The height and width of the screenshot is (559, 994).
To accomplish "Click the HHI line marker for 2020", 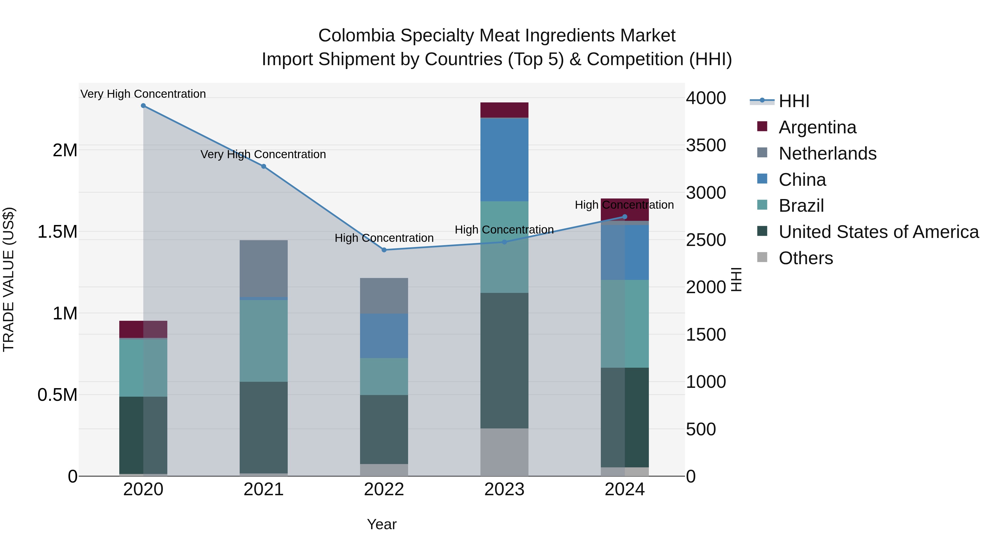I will (143, 106).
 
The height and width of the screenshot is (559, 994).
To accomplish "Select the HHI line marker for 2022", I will (384, 250).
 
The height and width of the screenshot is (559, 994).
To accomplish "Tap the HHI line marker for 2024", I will (625, 217).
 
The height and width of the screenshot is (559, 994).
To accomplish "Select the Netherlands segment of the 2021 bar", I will (264, 269).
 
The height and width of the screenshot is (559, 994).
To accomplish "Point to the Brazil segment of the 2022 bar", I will (384, 376).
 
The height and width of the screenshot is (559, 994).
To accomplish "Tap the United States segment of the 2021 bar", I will (264, 427).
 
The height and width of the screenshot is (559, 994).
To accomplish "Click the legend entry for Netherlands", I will (827, 153).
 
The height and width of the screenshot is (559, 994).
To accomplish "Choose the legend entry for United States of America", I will (878, 232).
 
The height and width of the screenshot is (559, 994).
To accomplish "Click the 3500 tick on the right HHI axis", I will (705, 145).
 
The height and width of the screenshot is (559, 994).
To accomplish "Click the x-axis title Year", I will (382, 524).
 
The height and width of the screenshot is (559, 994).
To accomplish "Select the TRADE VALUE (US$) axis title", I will (9, 279).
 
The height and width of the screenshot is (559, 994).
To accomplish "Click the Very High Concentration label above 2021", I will (263, 154).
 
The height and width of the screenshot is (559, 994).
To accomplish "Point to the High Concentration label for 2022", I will (384, 238).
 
